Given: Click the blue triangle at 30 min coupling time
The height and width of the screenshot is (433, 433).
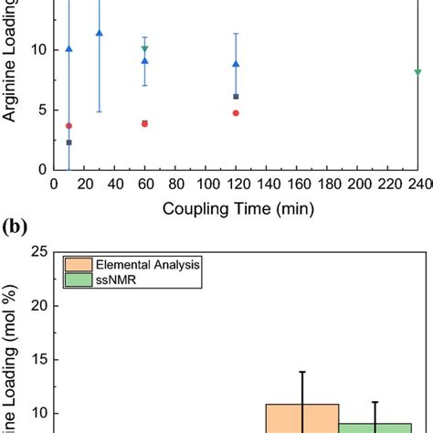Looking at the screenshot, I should click(99, 33).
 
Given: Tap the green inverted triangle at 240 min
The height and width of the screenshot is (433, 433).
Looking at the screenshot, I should click(417, 72).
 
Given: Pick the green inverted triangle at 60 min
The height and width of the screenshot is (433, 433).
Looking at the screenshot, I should click(144, 49).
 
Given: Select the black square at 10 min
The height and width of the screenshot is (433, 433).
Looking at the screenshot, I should click(69, 143).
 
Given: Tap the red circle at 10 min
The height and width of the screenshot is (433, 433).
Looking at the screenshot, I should click(69, 126).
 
